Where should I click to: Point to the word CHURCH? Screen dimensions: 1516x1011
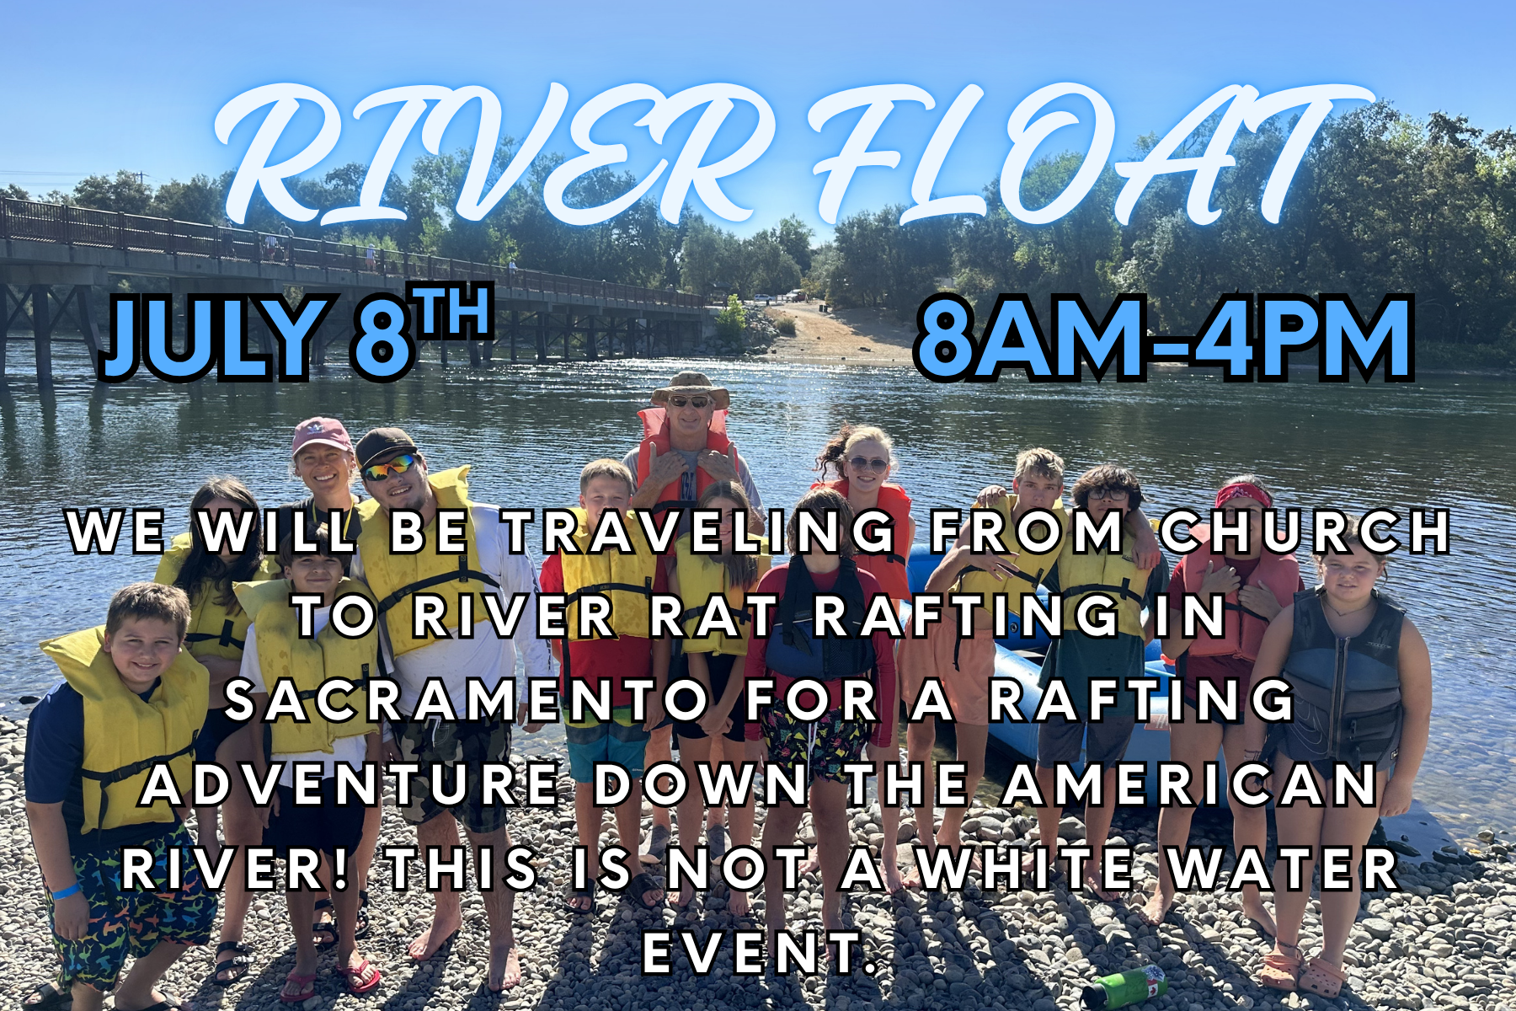pos(1305,532)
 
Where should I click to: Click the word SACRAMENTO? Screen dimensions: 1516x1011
pos(468,701)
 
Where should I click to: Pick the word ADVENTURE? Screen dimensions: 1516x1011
pos(350,785)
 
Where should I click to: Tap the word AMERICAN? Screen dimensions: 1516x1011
pos(1191,785)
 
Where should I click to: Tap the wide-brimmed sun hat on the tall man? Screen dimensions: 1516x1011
pos(690,388)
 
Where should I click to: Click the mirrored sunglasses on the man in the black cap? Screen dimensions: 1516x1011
pos(390,466)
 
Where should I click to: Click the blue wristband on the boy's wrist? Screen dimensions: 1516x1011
pos(67,891)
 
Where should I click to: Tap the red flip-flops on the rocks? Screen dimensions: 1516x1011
pos(332,980)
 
